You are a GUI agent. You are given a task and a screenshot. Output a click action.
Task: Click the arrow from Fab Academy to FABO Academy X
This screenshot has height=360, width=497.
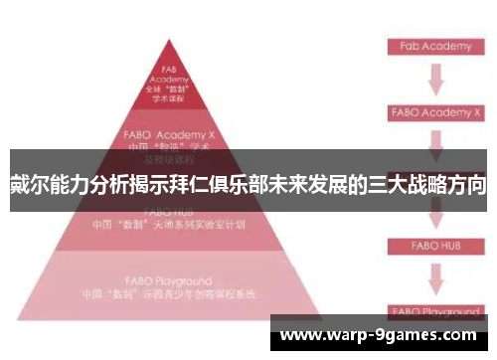pyautogui.click(x=434, y=80)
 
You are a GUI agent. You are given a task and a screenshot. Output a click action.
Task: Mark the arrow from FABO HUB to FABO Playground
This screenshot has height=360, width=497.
pyautogui.click(x=434, y=277)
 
